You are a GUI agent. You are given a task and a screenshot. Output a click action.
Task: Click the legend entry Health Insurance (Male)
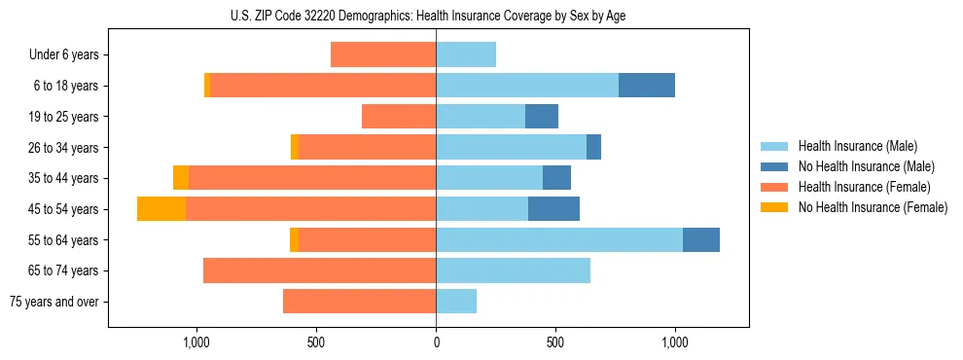click(857, 146)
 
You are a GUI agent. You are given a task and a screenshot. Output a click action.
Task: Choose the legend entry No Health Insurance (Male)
click(864, 166)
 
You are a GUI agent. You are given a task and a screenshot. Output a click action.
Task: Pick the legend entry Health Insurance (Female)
click(864, 187)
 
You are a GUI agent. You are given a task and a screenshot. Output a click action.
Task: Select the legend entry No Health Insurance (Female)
click(872, 207)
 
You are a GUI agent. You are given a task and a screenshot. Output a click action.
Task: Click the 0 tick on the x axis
click(436, 342)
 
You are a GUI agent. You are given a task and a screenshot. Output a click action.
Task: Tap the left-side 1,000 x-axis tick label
click(196, 342)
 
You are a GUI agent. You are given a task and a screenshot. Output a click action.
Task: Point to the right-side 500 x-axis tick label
click(555, 342)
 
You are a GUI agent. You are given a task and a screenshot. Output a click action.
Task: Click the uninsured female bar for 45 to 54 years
click(161, 209)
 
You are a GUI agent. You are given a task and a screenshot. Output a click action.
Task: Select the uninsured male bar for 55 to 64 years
click(701, 239)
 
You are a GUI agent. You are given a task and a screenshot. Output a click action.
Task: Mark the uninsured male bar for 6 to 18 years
click(647, 86)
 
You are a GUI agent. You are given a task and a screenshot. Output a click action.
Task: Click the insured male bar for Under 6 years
click(466, 54)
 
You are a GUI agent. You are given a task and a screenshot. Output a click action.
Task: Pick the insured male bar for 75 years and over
click(456, 302)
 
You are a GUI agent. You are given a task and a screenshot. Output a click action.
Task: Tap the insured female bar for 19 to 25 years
click(399, 117)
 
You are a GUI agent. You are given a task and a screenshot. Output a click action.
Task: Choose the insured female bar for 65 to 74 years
click(319, 270)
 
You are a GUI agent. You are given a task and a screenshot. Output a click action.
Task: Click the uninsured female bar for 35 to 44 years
click(181, 178)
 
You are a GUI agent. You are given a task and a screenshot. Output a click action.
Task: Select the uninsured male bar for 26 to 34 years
click(593, 147)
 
